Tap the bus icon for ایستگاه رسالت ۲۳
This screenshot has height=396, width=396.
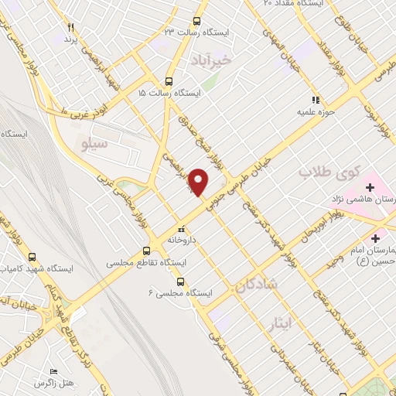(x=197, y=21)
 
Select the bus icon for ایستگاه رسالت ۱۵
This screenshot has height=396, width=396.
(x=169, y=81)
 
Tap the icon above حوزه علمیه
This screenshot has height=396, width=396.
(x=314, y=100)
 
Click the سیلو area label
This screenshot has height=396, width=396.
(x=97, y=143)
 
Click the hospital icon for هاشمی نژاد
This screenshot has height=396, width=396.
(x=370, y=186)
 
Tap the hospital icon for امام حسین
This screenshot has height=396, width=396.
(x=377, y=237)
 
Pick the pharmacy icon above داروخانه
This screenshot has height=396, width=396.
(x=181, y=229)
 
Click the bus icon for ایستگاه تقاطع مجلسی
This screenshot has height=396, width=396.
(x=146, y=251)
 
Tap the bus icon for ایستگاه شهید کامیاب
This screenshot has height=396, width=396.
(x=32, y=256)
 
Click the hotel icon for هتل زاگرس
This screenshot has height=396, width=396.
(x=54, y=371)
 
